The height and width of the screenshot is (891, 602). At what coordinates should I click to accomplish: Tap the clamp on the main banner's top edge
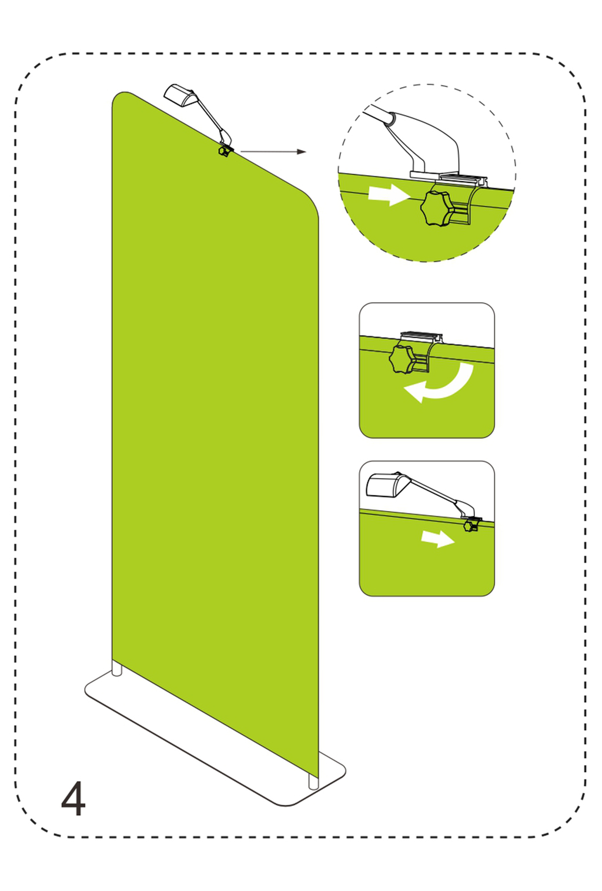coord(225,151)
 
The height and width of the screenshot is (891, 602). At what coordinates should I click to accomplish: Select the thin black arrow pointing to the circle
coord(273,152)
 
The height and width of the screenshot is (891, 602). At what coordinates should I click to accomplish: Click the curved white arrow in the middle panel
coord(439,382)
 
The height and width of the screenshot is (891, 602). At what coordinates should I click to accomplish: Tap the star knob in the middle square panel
coord(401,359)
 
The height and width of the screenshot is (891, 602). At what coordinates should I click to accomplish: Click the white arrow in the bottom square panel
coord(438,539)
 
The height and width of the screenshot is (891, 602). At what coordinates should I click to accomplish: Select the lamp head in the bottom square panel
coord(383,485)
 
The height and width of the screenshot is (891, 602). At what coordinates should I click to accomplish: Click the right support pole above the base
coord(313,782)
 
